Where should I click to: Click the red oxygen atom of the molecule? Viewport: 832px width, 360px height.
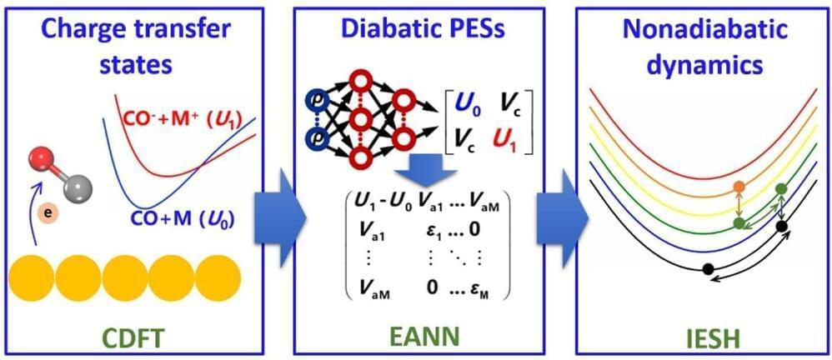click(x=41, y=161)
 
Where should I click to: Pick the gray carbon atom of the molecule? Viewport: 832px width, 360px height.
click(x=79, y=188)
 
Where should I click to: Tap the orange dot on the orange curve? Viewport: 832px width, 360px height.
click(x=738, y=187)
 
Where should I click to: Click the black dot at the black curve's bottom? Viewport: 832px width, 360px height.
click(x=707, y=268)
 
